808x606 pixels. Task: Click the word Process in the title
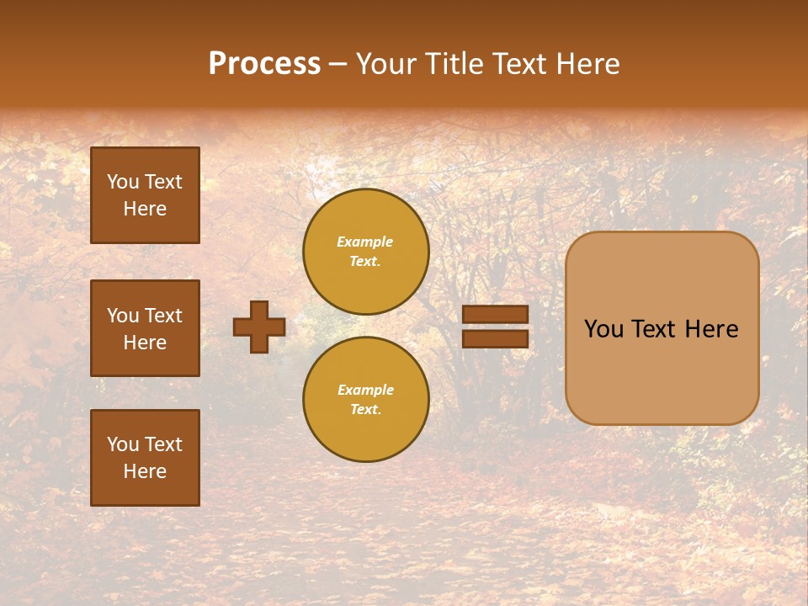click(264, 64)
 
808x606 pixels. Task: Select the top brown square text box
click(145, 195)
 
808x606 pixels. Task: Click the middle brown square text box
click(145, 328)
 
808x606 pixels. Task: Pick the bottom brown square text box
click(145, 457)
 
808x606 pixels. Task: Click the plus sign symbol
click(259, 327)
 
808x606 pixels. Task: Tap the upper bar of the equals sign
click(495, 315)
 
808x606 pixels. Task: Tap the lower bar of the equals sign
click(495, 338)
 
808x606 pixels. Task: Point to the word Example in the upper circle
click(365, 242)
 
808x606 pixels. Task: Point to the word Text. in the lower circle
click(365, 409)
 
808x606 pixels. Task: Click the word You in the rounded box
click(604, 329)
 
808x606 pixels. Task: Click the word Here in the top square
click(145, 209)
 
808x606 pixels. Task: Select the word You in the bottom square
click(123, 444)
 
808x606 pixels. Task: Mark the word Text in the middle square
click(163, 316)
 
